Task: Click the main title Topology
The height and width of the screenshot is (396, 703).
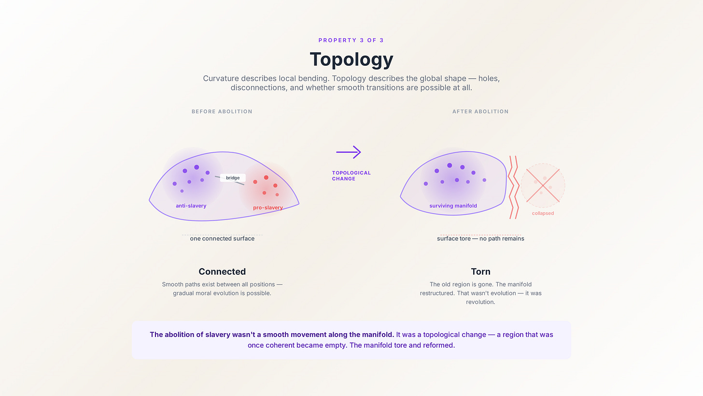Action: click(351, 59)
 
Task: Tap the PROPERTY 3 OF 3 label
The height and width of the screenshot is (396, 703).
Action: click(351, 40)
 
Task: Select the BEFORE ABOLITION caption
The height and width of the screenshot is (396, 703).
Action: click(222, 111)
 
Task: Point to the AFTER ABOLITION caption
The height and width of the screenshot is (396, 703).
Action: click(480, 111)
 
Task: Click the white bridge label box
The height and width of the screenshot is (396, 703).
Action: click(233, 178)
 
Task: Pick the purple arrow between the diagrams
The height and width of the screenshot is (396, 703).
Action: click(349, 152)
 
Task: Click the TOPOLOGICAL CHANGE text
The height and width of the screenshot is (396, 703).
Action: click(351, 176)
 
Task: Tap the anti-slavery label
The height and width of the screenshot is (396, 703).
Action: click(191, 206)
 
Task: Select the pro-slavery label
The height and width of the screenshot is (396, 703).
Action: click(268, 208)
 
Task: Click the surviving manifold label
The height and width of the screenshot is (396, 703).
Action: click(453, 206)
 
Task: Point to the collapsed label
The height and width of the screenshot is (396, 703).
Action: click(543, 213)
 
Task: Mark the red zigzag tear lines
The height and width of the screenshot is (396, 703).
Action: click(513, 187)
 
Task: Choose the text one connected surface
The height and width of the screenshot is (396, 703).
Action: click(222, 238)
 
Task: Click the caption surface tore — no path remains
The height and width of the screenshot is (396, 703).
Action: click(480, 238)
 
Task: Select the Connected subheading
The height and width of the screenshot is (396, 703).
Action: click(222, 272)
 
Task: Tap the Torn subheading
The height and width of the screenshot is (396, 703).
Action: click(480, 272)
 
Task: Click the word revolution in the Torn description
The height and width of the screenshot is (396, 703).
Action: click(480, 302)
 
